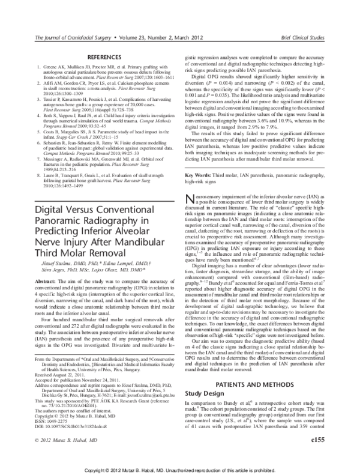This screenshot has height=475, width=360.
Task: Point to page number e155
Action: tap(316, 456)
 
